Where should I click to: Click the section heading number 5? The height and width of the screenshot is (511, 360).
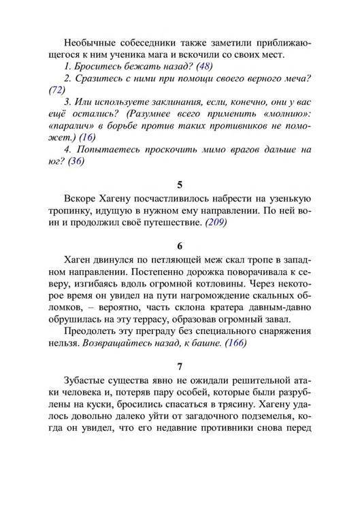pos(180,184)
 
